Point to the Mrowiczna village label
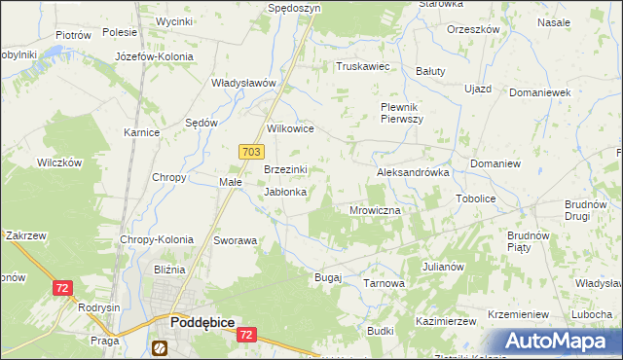[x=375, y=209]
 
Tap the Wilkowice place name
[x=290, y=128]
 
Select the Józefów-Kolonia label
[x=154, y=57]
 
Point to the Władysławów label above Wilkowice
[x=245, y=83]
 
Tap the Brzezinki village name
[x=286, y=169]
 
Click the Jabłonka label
[x=286, y=193]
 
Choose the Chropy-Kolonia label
[x=157, y=239]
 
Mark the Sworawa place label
[x=235, y=239]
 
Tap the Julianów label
[x=443, y=266]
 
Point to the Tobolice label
[x=476, y=198]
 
